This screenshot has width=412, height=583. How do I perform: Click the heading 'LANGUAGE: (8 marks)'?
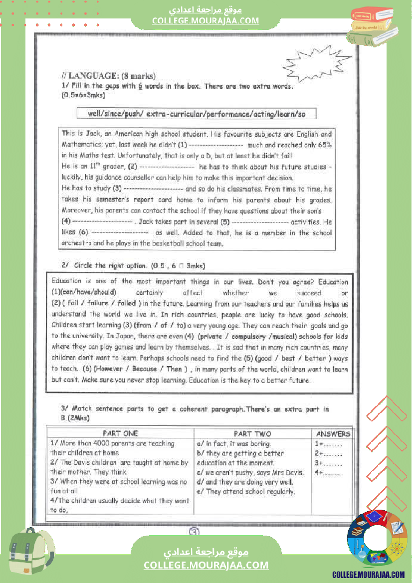coord(108,76)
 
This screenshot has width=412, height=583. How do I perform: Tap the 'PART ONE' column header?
coord(120,433)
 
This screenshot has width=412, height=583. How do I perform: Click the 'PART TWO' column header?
coord(252,433)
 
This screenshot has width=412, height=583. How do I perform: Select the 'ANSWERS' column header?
coord(333,433)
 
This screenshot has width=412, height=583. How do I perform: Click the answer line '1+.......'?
coord(328,443)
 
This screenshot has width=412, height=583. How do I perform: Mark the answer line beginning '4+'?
coord(328,472)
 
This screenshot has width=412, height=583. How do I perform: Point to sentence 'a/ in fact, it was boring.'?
coord(234,443)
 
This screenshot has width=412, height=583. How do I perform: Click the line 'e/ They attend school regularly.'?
coord(246,491)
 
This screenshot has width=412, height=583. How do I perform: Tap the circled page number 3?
coord(195,532)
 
